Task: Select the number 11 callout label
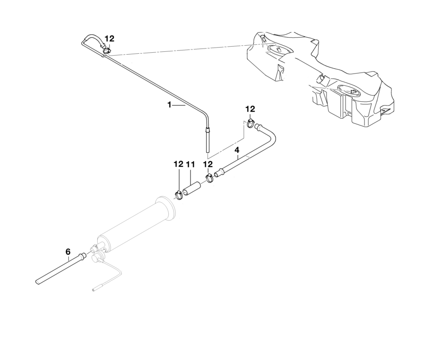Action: click(x=191, y=164)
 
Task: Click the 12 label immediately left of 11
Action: click(x=178, y=164)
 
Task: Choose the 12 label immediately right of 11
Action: click(x=208, y=164)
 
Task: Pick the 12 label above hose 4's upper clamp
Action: click(x=250, y=109)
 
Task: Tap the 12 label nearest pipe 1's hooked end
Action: click(x=109, y=39)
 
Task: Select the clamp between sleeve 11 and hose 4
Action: click(x=209, y=178)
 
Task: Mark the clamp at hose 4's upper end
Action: click(x=251, y=124)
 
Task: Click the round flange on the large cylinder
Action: click(x=168, y=210)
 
